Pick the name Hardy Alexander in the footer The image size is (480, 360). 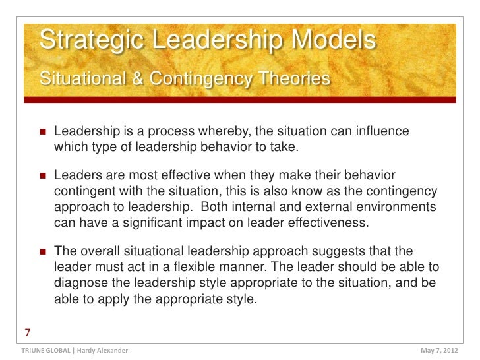(x=99, y=350)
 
